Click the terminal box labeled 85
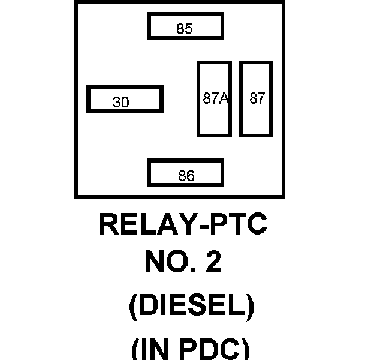185,26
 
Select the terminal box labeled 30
125,100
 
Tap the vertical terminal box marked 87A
214,99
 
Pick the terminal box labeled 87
256,99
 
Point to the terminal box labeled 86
185,173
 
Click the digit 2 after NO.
213,262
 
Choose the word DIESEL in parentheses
191,307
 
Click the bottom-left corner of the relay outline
76,196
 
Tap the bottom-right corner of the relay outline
283,196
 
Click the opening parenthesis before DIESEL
134,307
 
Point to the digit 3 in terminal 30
117,103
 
